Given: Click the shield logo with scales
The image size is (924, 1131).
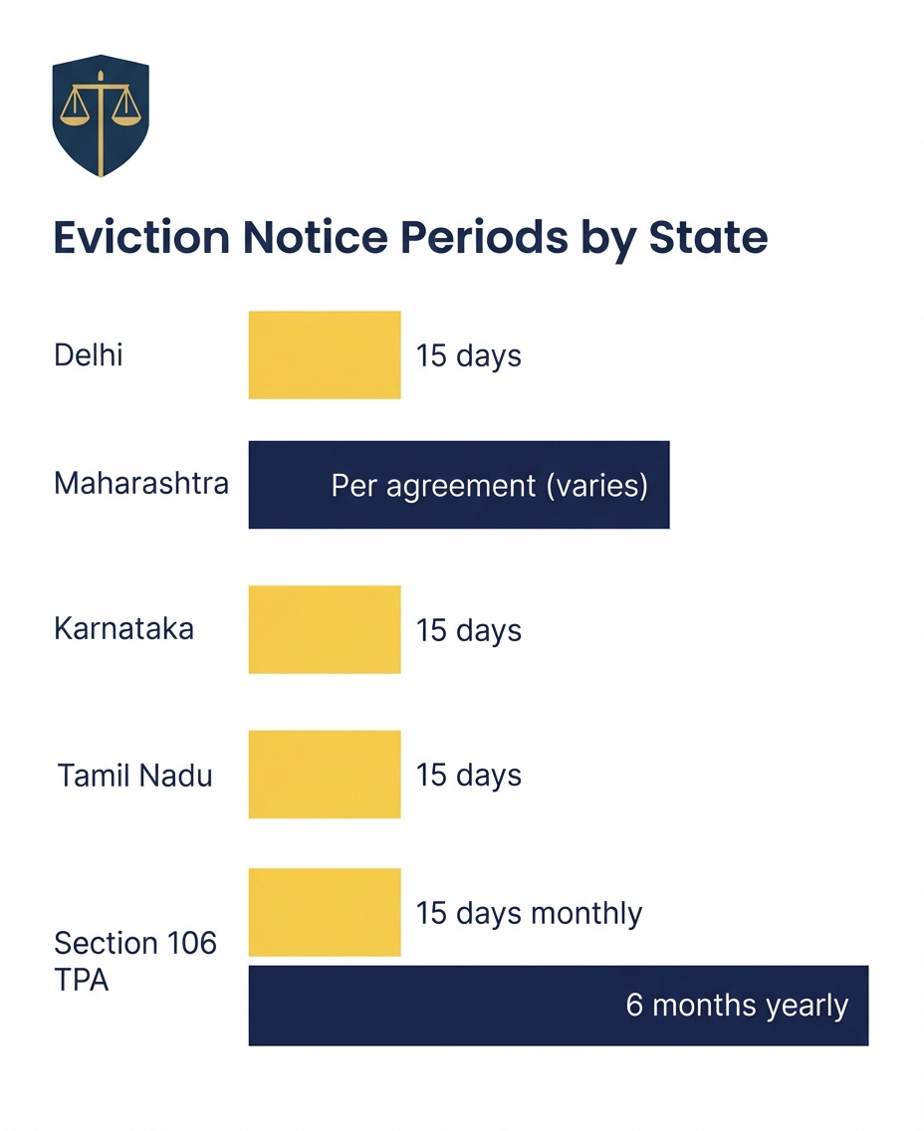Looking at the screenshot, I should tap(100, 115).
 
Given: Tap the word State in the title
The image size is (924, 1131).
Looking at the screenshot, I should tap(708, 239).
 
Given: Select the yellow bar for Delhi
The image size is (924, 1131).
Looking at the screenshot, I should tap(325, 355).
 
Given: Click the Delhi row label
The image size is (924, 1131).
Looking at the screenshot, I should tap(89, 355).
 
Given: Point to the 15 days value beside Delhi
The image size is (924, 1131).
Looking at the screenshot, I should tap(468, 356).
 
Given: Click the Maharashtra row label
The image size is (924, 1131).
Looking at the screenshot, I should tap(141, 484).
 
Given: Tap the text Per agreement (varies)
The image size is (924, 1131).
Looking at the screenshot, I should tap(489, 486).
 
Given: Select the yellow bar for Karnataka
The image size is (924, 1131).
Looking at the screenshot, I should tap(325, 629).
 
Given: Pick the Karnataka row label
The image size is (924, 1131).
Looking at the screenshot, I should tap(123, 629).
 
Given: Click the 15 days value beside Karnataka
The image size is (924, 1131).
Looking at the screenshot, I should tap(468, 631).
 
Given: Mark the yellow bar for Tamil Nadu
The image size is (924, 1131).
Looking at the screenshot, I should tap(325, 775).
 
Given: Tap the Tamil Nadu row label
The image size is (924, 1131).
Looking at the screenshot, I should tap(135, 776).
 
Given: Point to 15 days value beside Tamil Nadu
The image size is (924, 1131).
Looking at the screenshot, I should tap(468, 776).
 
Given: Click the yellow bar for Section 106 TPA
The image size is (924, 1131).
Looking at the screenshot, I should tap(325, 912).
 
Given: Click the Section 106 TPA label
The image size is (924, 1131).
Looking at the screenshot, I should tap(135, 961).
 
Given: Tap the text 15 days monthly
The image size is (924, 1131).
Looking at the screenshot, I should tap(529, 913).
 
